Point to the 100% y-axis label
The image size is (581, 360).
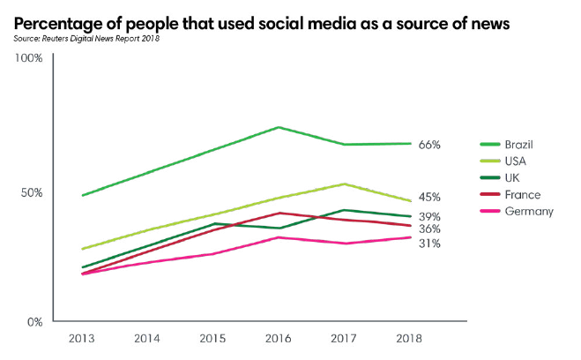(x=29, y=59)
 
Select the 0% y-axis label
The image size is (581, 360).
(x=34, y=322)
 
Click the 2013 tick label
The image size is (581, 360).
(x=82, y=339)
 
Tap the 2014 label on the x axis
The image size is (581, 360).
(x=148, y=339)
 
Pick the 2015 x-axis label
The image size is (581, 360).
(x=213, y=339)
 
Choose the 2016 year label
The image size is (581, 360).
(x=279, y=339)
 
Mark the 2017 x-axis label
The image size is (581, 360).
(x=345, y=339)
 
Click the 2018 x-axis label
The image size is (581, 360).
(x=411, y=339)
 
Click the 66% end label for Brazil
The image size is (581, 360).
(x=429, y=144)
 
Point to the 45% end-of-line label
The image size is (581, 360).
(x=429, y=198)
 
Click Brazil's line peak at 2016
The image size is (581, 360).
(x=279, y=127)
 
